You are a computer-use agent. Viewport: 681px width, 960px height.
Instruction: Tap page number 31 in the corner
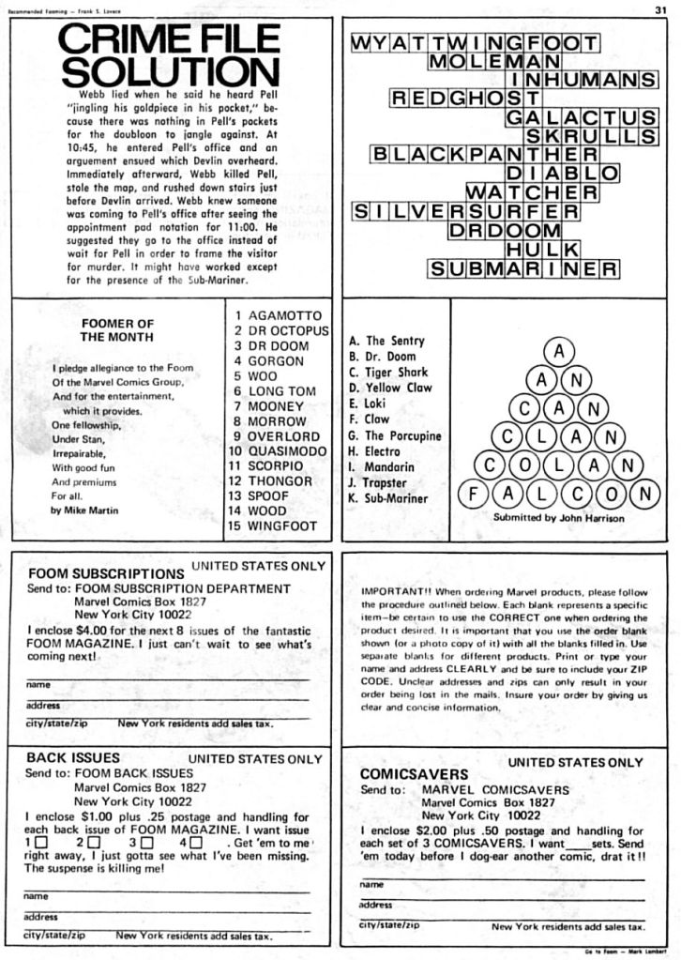pos(660,9)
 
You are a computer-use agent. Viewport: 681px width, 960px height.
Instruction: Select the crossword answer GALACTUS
pos(581,117)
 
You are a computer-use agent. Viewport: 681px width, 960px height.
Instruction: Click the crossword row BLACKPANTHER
pos(485,154)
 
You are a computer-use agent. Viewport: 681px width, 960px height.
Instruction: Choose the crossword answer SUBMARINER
pos(523,269)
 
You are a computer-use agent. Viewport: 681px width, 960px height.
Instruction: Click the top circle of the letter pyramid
pos(559,352)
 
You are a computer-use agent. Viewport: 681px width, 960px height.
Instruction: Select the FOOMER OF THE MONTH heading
pos(117,329)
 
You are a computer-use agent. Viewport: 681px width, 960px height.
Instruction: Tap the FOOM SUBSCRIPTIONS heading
pos(105,573)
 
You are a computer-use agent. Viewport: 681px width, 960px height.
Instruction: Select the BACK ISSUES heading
pos(73,757)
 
